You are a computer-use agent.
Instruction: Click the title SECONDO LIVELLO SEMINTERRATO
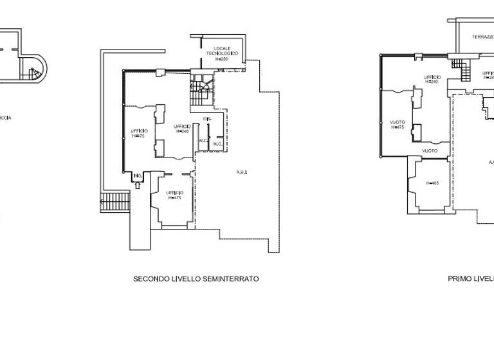pyautogui.click(x=196, y=279)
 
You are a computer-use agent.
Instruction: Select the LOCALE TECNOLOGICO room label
pyautogui.click(x=223, y=51)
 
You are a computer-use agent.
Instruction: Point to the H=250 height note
pyautogui.click(x=223, y=59)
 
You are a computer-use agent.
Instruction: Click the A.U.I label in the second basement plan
pyautogui.click(x=242, y=172)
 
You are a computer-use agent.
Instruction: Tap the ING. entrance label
pyautogui.click(x=137, y=175)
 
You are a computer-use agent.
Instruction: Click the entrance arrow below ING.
pyautogui.click(x=138, y=186)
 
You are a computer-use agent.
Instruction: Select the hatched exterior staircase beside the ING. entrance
pyautogui.click(x=116, y=201)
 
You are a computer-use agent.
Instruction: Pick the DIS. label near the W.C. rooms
pyautogui.click(x=207, y=120)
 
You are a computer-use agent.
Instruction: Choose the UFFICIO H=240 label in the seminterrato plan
pyautogui.click(x=181, y=129)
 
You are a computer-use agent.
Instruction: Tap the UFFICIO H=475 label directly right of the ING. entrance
pyautogui.click(x=174, y=195)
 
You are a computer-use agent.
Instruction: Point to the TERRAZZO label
pyautogui.click(x=482, y=37)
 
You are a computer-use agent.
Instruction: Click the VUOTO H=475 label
pyautogui.click(x=398, y=125)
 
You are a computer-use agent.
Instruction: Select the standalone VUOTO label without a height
pyautogui.click(x=430, y=151)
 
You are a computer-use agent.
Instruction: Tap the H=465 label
pyautogui.click(x=432, y=183)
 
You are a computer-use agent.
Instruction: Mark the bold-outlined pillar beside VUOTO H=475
pyautogui.click(x=417, y=132)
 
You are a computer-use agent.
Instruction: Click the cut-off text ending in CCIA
pyautogui.click(x=5, y=118)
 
